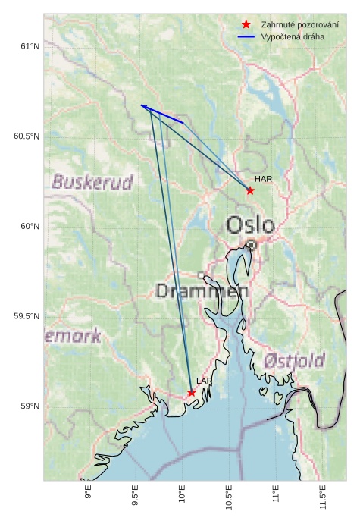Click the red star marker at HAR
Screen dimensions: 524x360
tap(250, 190)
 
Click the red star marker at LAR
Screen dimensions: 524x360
tap(192, 393)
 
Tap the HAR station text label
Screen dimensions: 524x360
tap(263, 179)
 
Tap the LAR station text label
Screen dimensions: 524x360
tap(205, 381)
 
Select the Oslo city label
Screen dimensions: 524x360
tap(251, 224)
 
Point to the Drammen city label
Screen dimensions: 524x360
tap(202, 291)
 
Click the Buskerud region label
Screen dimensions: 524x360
tap(92, 182)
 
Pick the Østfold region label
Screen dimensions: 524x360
tap(295, 360)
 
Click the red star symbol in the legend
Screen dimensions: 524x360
tap(246, 25)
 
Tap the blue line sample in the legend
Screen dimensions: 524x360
tap(246, 36)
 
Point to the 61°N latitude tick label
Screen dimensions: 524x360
tap(29, 47)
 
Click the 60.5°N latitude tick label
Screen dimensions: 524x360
tap(26, 136)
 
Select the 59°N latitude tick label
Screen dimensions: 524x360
tap(29, 406)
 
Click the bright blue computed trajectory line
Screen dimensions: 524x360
tap(163, 114)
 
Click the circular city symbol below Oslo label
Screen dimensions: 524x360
tap(251, 245)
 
